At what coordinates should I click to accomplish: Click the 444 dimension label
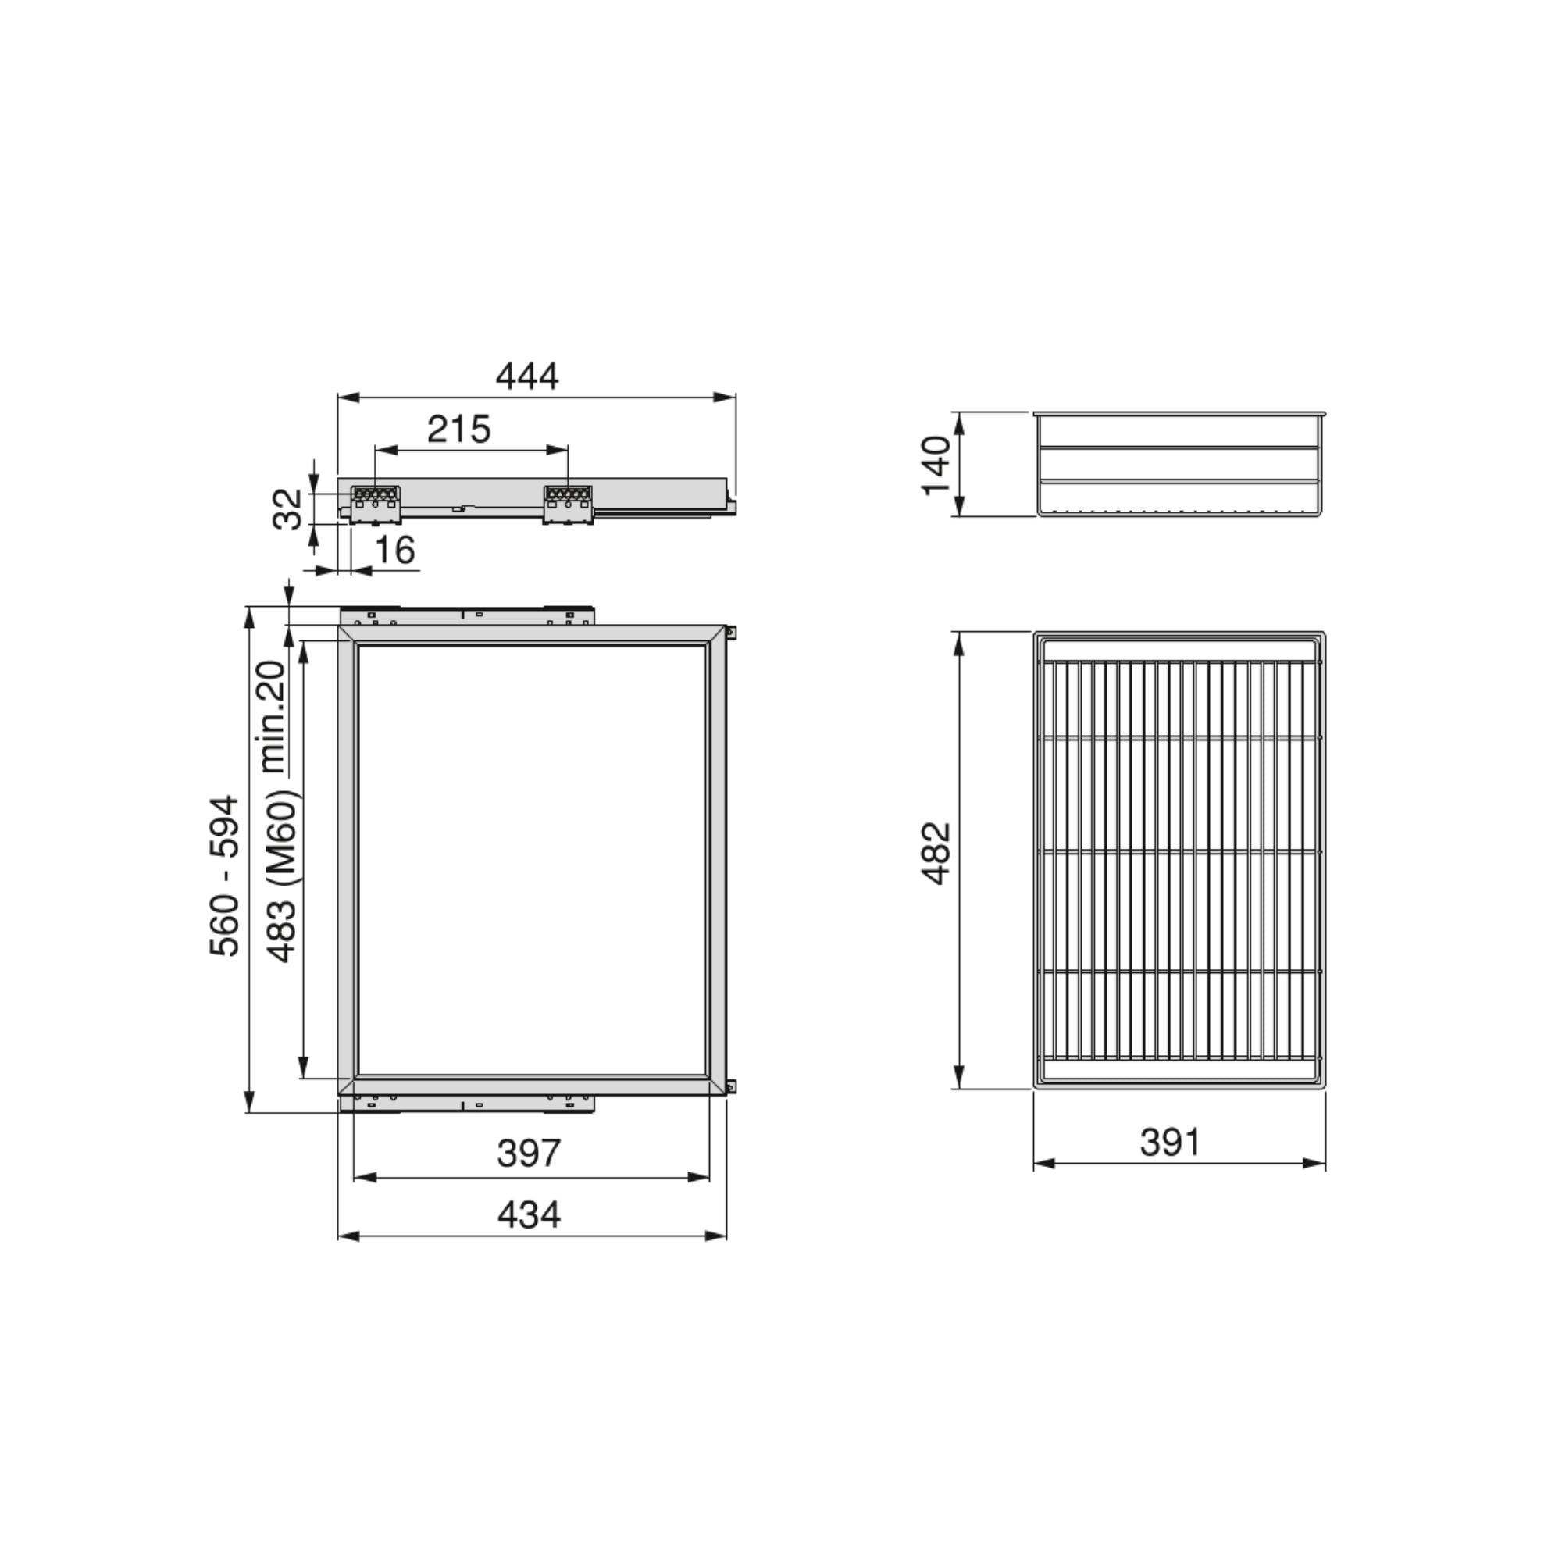pyautogui.click(x=526, y=376)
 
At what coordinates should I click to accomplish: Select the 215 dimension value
pyautogui.click(x=458, y=430)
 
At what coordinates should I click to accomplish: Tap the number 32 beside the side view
pyautogui.click(x=287, y=508)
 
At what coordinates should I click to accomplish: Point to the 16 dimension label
pyautogui.click(x=395, y=550)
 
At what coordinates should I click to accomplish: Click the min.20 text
pyautogui.click(x=273, y=716)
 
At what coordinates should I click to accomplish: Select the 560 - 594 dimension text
pyautogui.click(x=225, y=876)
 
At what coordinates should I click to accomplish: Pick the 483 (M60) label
pyautogui.click(x=282, y=876)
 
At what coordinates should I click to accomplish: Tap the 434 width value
pyautogui.click(x=528, y=1215)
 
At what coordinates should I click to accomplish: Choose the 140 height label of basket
pyautogui.click(x=936, y=465)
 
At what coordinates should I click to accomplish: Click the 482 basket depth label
pyautogui.click(x=936, y=854)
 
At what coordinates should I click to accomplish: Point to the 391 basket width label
pyautogui.click(x=1170, y=1143)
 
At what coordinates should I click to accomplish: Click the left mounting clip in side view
pyautogui.click(x=375, y=503)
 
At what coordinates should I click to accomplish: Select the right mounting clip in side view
pyautogui.click(x=568, y=503)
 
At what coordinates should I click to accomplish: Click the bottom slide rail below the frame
pyautogui.click(x=466, y=1104)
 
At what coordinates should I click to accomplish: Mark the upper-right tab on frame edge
pyautogui.click(x=732, y=633)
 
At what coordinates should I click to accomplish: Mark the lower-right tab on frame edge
pyautogui.click(x=732, y=1086)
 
